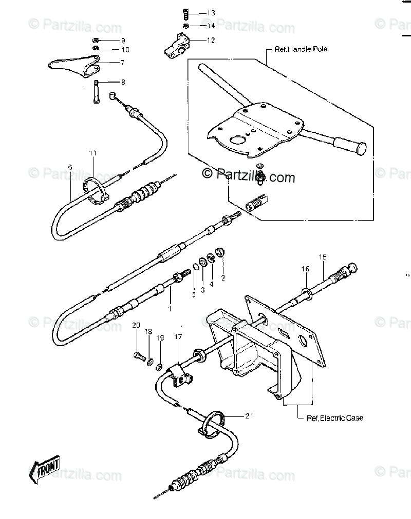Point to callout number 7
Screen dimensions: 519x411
coord(122,63)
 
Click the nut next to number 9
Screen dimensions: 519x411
coord(96,40)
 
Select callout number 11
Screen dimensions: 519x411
coord(92,153)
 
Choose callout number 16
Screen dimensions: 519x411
coord(305,268)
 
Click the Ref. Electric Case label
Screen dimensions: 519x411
coord(334,418)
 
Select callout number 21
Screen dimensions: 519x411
coord(249,416)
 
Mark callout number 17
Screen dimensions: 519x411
coord(178,337)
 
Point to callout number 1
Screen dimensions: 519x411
coord(170,308)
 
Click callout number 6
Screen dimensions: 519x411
coord(70,167)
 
